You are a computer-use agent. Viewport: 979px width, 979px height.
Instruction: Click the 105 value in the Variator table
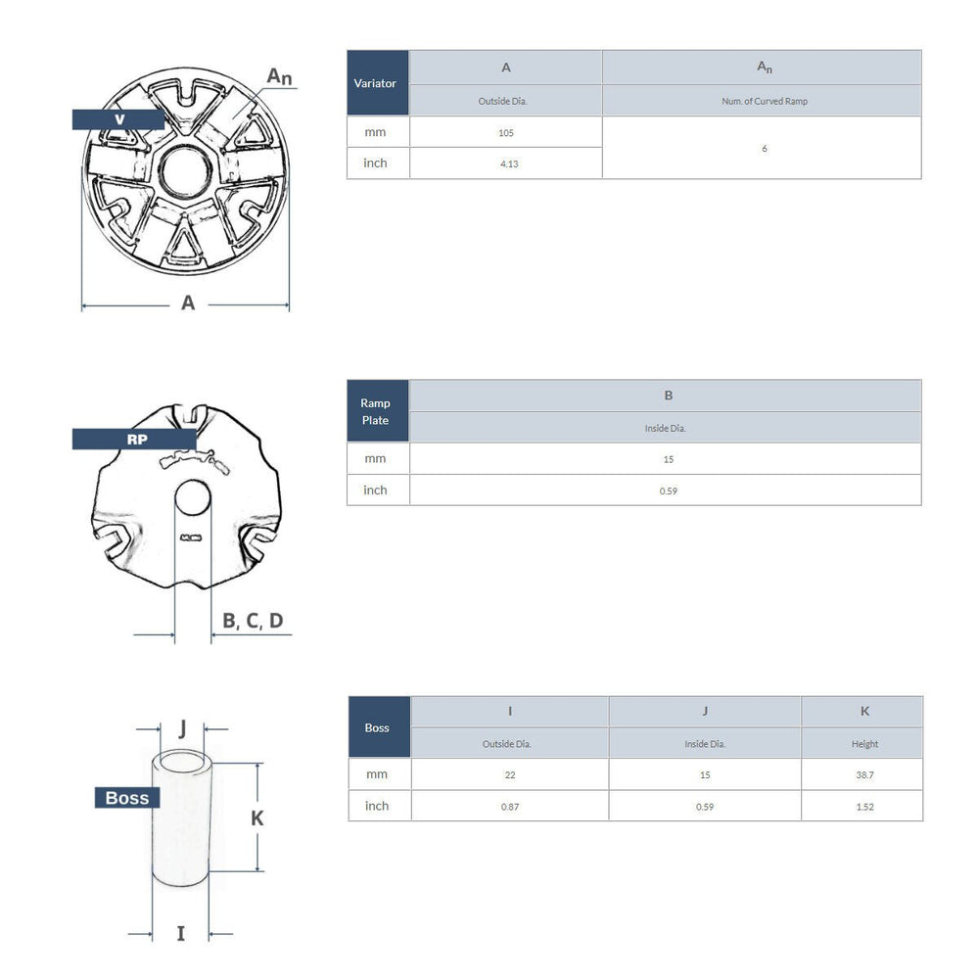(505, 132)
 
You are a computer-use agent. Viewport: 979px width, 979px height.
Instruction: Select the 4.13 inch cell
(508, 163)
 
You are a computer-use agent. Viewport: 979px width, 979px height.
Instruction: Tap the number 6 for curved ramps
(764, 148)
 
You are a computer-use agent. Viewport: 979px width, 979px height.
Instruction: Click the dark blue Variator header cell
(377, 83)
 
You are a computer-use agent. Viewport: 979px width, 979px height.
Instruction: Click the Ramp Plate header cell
(377, 411)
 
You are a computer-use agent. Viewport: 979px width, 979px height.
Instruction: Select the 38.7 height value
(863, 774)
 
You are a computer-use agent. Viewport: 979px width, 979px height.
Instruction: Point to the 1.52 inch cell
(863, 807)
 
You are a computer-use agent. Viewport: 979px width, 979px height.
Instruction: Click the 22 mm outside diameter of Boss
(509, 774)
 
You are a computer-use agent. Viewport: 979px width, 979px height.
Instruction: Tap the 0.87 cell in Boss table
(509, 807)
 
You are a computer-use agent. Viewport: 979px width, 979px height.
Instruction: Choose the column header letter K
(863, 712)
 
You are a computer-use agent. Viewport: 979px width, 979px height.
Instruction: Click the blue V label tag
(118, 119)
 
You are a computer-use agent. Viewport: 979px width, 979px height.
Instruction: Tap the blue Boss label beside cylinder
(127, 798)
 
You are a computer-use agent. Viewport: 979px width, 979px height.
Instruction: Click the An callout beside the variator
(280, 76)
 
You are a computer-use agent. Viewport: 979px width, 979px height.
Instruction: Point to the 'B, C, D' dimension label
(253, 621)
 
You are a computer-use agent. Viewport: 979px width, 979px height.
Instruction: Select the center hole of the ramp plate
(193, 497)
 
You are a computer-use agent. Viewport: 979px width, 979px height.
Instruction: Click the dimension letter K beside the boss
(257, 817)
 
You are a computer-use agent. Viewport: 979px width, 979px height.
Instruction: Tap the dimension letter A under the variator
(188, 303)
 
